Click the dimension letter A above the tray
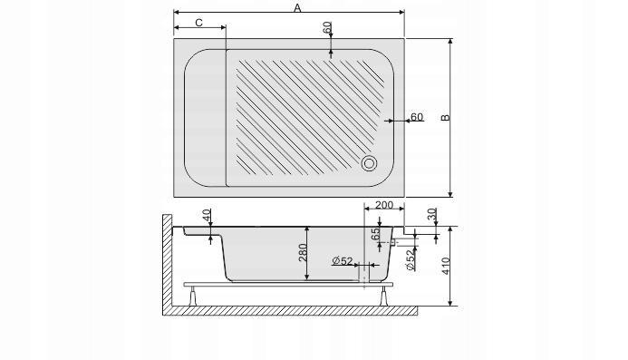pyautogui.click(x=296, y=7)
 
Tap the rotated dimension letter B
pyautogui.click(x=445, y=118)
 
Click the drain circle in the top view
pyautogui.click(x=371, y=164)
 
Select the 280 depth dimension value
pyautogui.click(x=305, y=256)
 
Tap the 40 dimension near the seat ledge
pyautogui.click(x=208, y=217)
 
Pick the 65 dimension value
pyautogui.click(x=374, y=232)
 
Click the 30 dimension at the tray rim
pyautogui.click(x=430, y=215)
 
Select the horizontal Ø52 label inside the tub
pyautogui.click(x=343, y=261)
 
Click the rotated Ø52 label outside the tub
pyautogui.click(x=410, y=260)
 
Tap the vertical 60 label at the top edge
pyautogui.click(x=327, y=28)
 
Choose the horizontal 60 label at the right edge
pyautogui.click(x=417, y=117)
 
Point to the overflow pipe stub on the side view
pyautogui.click(x=397, y=242)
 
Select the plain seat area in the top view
pyautogui.click(x=204, y=118)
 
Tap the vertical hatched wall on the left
pyautogui.click(x=167, y=263)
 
